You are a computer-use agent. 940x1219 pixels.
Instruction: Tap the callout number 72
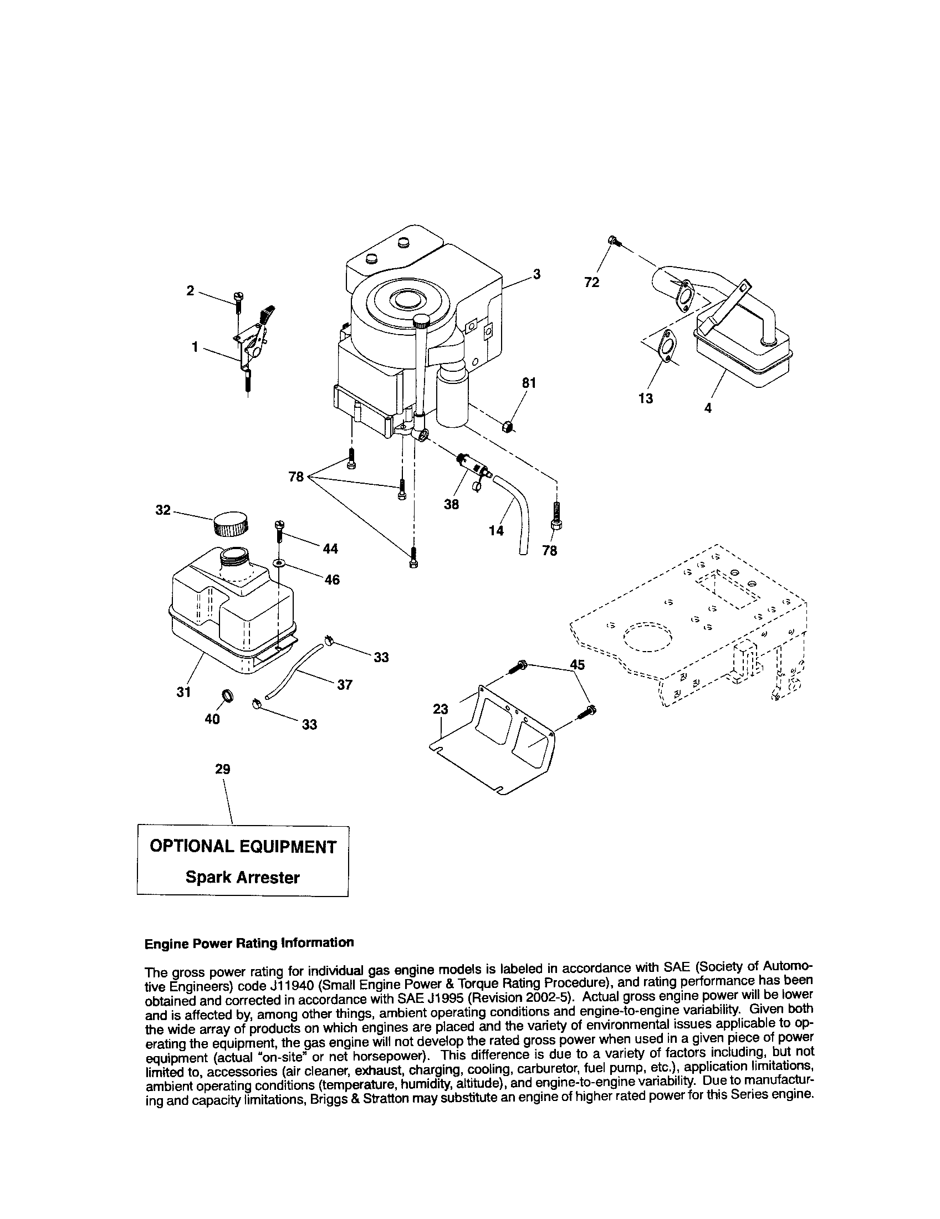click(592, 283)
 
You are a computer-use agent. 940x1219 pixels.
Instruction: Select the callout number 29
click(223, 769)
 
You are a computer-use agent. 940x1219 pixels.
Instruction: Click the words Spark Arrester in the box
click(242, 878)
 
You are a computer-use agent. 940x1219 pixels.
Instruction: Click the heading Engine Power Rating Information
click(249, 943)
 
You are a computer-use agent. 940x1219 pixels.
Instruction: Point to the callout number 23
click(441, 709)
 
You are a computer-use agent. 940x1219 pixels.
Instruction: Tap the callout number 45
click(578, 664)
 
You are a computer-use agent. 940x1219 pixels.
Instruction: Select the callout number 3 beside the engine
click(537, 274)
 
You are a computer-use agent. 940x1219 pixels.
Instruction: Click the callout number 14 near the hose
click(495, 530)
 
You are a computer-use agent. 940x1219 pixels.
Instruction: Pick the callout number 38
click(451, 504)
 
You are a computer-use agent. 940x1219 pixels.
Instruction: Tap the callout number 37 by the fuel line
click(345, 684)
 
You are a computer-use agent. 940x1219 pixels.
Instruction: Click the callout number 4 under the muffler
click(708, 408)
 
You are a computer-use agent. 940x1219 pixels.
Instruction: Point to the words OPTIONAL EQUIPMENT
click(243, 847)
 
